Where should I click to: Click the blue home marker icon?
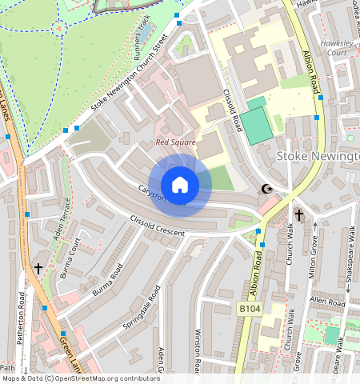click(x=180, y=185)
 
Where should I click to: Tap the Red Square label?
click(x=175, y=143)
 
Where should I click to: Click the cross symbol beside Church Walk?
click(x=299, y=215)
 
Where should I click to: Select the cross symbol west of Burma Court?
click(x=38, y=268)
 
